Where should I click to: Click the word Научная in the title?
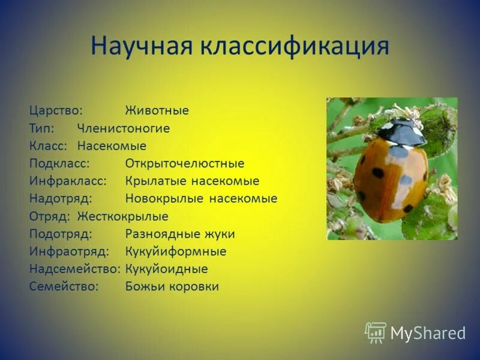[x=141, y=47]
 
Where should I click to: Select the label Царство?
[x=56, y=111]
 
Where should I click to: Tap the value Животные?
[x=157, y=111]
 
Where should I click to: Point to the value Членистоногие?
[x=123, y=128]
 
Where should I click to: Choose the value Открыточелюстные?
[x=184, y=164]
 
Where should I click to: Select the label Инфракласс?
[x=68, y=181]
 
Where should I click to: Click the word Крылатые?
[x=150, y=181]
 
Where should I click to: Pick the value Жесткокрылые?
[x=122, y=217]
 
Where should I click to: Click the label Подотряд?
[x=59, y=234]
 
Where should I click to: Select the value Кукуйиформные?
[x=175, y=251]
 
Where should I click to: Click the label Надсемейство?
[x=74, y=269]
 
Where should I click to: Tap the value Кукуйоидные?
[x=166, y=269]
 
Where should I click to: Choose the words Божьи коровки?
[x=172, y=287]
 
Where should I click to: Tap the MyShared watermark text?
[x=428, y=334]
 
